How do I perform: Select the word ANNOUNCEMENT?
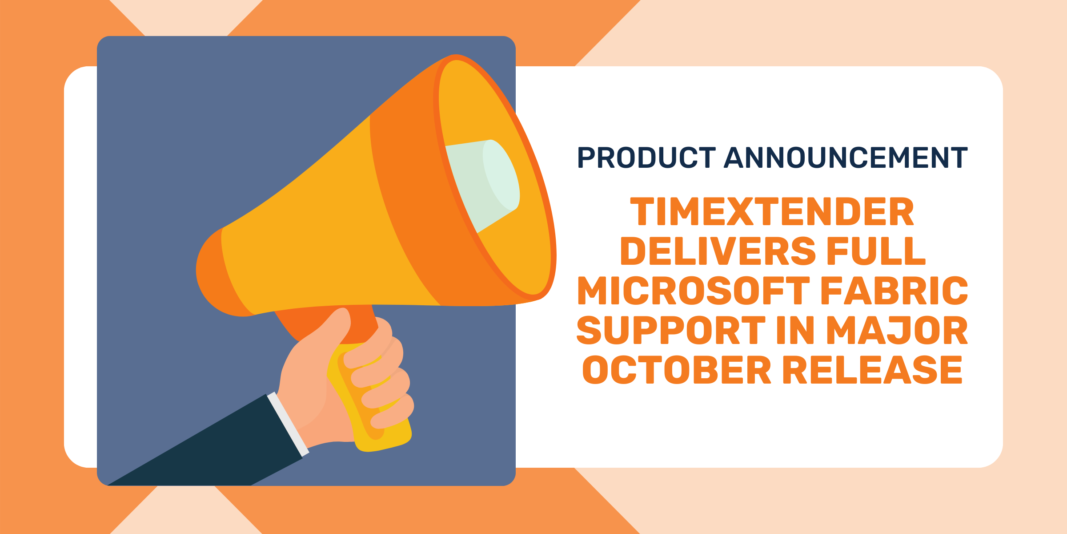click(846, 158)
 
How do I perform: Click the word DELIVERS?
click(718, 251)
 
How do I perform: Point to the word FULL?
click(876, 251)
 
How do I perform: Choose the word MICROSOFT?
click(694, 291)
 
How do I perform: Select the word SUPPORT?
click(671, 330)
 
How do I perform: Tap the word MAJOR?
click(897, 330)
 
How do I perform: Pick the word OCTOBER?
click(677, 370)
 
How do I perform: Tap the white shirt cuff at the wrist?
click(288, 425)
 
